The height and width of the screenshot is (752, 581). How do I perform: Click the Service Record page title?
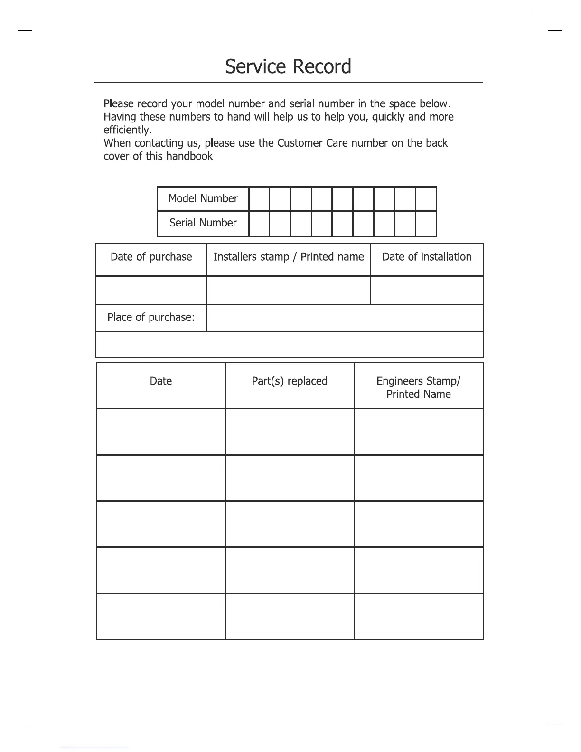pos(288,66)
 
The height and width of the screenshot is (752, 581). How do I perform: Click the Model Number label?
pos(203,198)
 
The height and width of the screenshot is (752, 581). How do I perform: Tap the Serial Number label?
pos(203,223)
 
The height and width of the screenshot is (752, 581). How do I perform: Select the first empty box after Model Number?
pos(259,199)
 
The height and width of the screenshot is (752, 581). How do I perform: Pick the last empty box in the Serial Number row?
pos(425,224)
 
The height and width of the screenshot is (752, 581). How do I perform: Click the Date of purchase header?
pos(151,257)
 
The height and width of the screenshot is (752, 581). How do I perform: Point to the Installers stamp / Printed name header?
pos(288,257)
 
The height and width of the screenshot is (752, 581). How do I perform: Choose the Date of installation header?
pos(427,257)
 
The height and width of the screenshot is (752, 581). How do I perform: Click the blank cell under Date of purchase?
pos(151,290)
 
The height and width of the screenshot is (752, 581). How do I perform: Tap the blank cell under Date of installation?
pos(427,290)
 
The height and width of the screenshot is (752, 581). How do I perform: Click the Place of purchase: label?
pos(151,317)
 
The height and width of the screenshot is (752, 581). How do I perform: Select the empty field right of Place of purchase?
pos(345,318)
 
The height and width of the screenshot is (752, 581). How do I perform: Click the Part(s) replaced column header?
pos(290,381)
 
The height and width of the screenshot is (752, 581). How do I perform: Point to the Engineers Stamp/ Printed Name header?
pos(418,387)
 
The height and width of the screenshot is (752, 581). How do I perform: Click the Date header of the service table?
pos(160,381)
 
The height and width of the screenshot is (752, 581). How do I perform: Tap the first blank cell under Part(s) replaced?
pos(290,432)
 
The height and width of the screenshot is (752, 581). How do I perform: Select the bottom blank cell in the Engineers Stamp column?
pos(418,616)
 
